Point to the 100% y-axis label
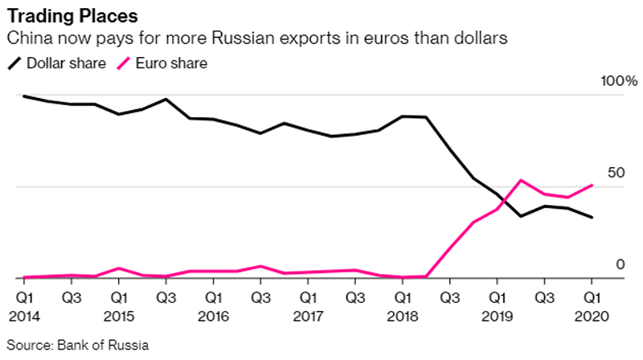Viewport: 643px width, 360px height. (x=619, y=82)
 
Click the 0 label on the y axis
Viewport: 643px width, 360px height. (x=620, y=264)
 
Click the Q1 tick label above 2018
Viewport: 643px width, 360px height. (x=403, y=297)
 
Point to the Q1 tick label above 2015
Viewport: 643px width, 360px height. (x=118, y=297)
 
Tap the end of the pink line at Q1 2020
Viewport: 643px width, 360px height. (x=592, y=185)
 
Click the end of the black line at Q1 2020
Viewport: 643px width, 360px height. (x=592, y=217)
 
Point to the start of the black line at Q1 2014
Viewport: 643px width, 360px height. (x=24, y=96)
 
